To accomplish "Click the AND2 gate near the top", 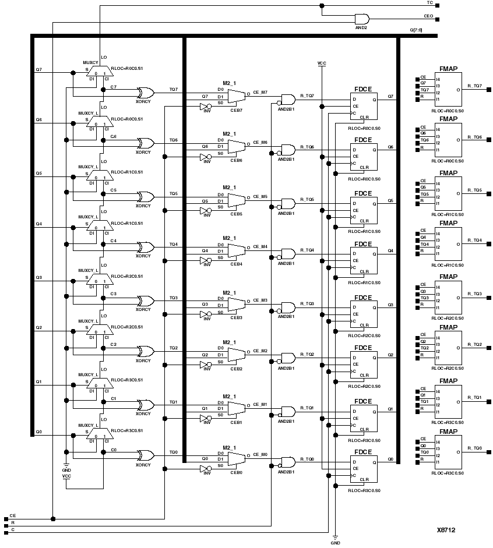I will pyautogui.click(x=361, y=19).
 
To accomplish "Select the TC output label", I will pyautogui.click(x=429, y=3).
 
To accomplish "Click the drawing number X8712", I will pyautogui.click(x=446, y=531).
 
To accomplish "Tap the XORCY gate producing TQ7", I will pyautogui.click(x=144, y=93).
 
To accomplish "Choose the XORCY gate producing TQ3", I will pyautogui.click(x=144, y=301).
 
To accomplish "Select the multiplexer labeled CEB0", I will pyautogui.click(x=236, y=459).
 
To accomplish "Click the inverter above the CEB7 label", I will pyautogui.click(x=205, y=107).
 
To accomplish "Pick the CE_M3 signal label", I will pyautogui.click(x=260, y=300).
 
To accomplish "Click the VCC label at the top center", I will pyautogui.click(x=322, y=62).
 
